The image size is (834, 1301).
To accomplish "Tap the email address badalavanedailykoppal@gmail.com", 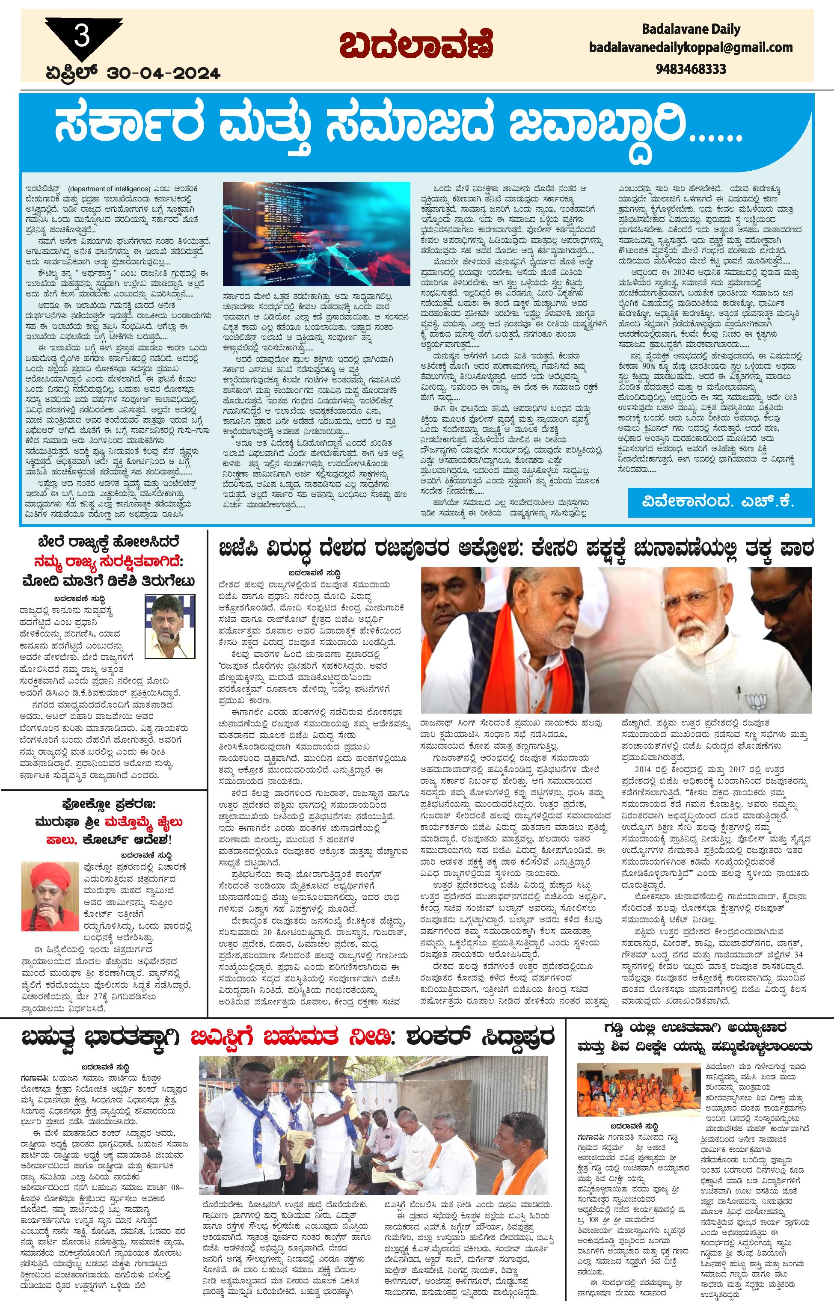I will (691, 47).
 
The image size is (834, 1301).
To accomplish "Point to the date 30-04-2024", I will (163, 73).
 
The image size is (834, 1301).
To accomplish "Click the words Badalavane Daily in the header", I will (691, 29).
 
